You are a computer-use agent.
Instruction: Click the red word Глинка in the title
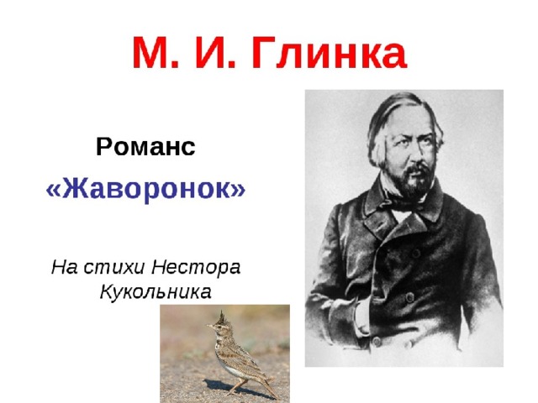(x=329, y=52)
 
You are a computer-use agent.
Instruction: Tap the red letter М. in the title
(x=156, y=52)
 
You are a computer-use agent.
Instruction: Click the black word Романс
(x=145, y=147)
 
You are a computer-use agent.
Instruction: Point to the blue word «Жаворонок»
(x=145, y=189)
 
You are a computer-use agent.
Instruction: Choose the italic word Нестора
(x=196, y=267)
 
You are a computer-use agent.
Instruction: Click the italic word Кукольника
(x=156, y=292)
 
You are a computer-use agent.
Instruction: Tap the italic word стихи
(x=114, y=268)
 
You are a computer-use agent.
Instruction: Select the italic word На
(x=65, y=267)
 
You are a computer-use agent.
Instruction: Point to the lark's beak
(x=209, y=326)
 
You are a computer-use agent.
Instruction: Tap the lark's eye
(x=218, y=326)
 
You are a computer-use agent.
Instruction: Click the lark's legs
(x=238, y=385)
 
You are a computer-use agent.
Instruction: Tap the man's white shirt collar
(x=401, y=215)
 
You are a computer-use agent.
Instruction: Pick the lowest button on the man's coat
(x=377, y=341)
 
